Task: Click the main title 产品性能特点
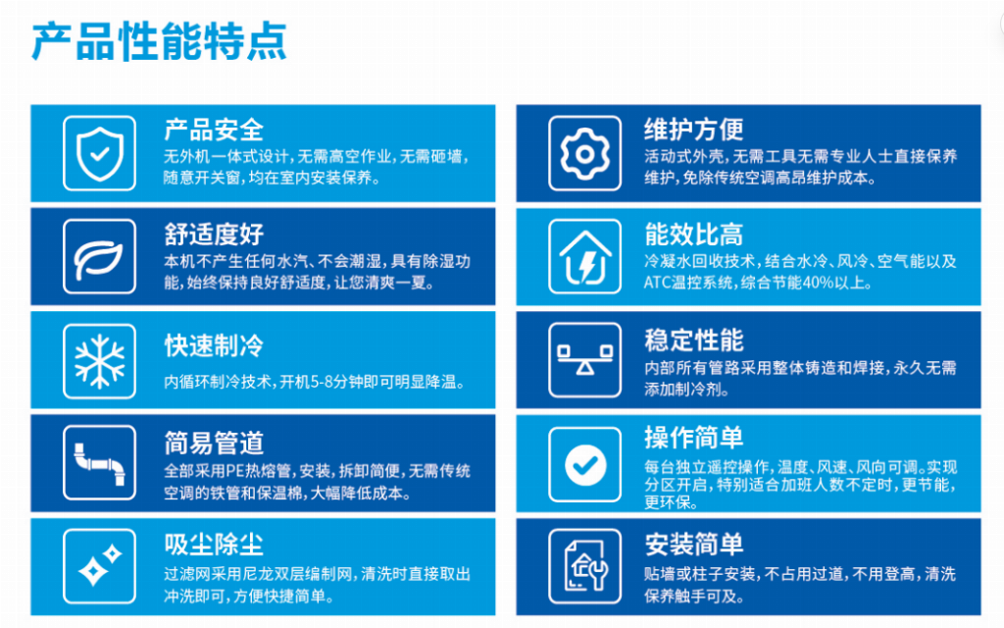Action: coord(159,41)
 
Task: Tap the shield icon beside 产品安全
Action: coord(99,154)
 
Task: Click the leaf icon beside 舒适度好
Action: coord(98,258)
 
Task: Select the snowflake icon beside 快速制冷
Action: coord(99,361)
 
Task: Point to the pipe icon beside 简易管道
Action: coord(99,464)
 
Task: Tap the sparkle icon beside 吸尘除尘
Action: coord(99,566)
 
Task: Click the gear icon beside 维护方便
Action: coord(584,154)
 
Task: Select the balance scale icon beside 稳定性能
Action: coord(584,359)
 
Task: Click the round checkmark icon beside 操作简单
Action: coord(585,464)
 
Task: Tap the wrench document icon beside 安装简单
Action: coord(585,566)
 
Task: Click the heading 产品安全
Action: coord(213,131)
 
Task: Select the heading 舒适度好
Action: coord(213,235)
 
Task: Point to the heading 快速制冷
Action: coord(213,345)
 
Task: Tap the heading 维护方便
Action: coord(693,130)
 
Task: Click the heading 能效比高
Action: coord(693,235)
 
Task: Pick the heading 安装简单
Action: coord(693,545)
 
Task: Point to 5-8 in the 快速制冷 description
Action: coord(324,382)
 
